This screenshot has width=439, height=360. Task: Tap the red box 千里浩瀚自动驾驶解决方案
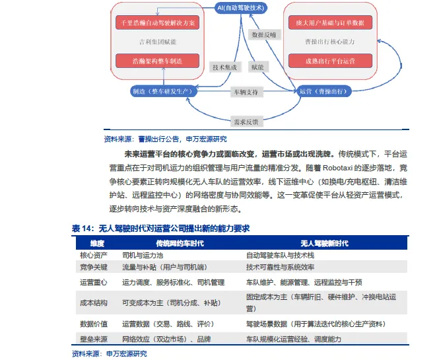[157, 22]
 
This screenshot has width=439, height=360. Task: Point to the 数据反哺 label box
[265, 34]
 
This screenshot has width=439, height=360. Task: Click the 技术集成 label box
[224, 67]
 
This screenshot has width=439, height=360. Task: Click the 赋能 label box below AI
[257, 67]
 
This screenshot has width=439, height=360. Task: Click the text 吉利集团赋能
[157, 42]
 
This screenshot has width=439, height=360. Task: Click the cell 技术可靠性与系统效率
[289, 268]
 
